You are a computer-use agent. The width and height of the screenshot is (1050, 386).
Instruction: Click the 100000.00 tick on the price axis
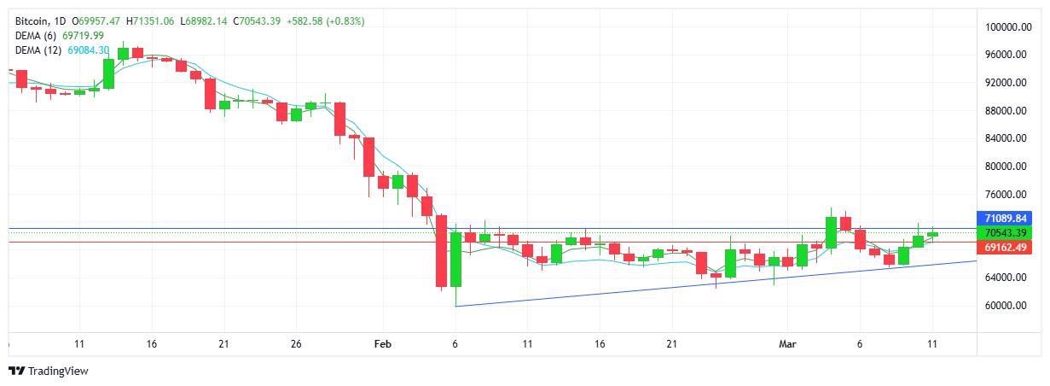pos(1006,27)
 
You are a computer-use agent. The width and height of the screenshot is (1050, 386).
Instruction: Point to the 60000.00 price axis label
pos(1006,306)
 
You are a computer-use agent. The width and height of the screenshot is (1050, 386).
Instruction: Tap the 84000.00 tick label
pos(1006,138)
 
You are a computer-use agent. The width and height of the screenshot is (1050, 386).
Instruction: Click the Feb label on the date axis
pos(383,343)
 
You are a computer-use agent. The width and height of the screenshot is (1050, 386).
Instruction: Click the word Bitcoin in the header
pos(33,20)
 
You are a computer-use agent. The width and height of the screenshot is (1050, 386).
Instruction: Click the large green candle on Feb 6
pos(456,260)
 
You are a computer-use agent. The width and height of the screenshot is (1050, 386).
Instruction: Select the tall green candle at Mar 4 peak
pos(831,232)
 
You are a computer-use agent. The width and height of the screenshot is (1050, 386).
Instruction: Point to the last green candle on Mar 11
pos(932,234)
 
